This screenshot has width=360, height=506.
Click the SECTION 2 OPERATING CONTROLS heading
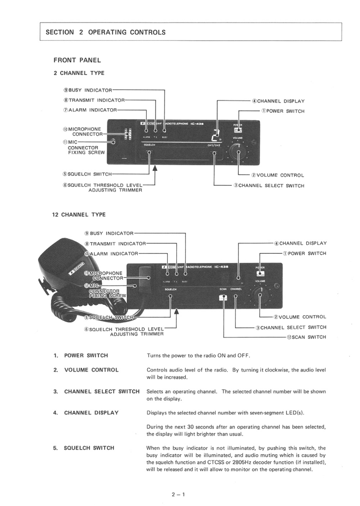[106, 32]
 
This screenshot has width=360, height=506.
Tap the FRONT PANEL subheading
[77, 60]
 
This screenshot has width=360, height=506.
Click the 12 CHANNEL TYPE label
[79, 215]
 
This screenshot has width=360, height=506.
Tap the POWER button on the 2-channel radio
[238, 130]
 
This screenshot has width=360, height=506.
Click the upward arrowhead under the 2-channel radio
[156, 169]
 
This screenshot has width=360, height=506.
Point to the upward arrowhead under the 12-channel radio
[177, 311]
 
